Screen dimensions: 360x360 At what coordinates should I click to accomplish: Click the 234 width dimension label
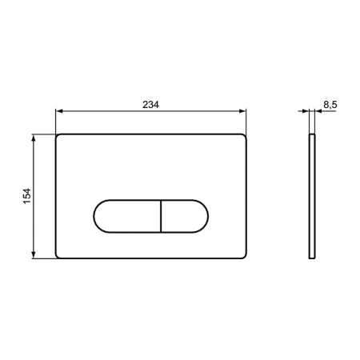(150, 105)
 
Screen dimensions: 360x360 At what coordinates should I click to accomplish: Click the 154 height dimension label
(27, 196)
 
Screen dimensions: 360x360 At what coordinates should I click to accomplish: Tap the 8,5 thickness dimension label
(330, 105)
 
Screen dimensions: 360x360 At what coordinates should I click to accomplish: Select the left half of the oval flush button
(127, 216)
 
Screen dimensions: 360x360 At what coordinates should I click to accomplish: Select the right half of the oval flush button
(185, 216)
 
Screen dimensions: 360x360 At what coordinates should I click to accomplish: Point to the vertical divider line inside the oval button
(161, 216)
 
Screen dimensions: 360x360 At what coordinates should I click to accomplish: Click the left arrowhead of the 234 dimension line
(59, 111)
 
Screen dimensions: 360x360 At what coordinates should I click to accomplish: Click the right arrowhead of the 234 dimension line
(242, 111)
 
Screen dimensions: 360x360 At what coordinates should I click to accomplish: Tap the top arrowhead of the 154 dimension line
(34, 138)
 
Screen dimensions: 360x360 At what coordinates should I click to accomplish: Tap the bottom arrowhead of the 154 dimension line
(34, 255)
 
